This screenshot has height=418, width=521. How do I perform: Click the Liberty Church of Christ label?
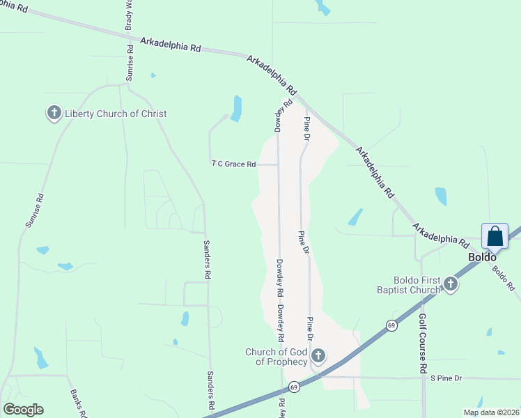point(116,114)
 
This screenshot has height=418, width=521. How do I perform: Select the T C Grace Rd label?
point(234,164)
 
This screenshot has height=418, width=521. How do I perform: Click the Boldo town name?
point(481,256)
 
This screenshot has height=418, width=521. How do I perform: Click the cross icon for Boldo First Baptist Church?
point(451,284)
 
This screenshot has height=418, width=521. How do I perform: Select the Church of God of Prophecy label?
point(276,357)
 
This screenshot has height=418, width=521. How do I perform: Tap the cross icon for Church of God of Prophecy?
point(318,357)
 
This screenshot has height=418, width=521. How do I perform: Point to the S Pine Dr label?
point(446,378)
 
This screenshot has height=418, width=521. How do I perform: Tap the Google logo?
point(23,410)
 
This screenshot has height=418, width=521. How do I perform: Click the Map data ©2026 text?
point(491,412)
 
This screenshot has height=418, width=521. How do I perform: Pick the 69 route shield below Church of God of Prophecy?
point(294,387)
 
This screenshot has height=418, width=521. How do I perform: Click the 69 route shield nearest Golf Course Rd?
point(392,325)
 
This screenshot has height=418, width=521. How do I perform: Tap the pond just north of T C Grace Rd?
point(237,108)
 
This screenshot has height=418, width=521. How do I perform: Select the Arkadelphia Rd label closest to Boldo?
point(440,235)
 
